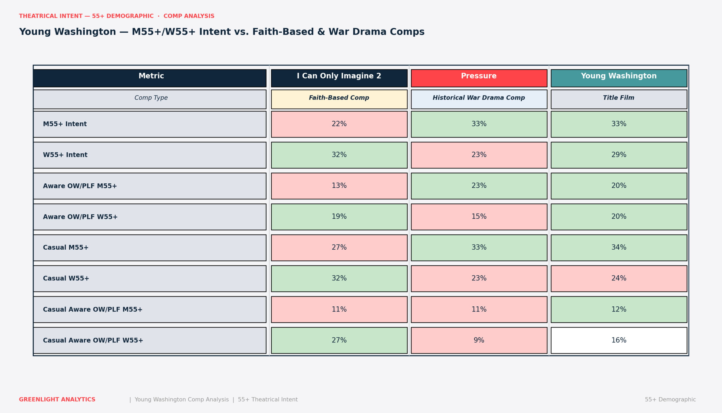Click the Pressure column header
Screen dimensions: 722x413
[x=479, y=78]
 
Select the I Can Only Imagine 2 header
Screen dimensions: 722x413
[x=339, y=78]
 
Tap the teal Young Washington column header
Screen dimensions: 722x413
[x=619, y=78]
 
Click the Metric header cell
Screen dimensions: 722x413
[x=150, y=78]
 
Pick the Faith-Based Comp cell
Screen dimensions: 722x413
[x=339, y=99]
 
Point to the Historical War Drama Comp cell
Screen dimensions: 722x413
[x=479, y=99]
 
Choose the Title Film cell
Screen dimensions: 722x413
[x=619, y=99]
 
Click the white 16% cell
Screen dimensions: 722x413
[x=619, y=340]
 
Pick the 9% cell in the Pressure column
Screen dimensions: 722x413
[x=479, y=340]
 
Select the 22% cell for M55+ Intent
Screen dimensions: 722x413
[x=339, y=124]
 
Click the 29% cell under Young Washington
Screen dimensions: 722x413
[x=619, y=155]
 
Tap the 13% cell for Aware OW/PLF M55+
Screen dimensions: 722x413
[x=339, y=186]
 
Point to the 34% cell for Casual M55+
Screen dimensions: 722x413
[x=619, y=248]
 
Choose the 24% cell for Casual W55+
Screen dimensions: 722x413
[x=619, y=278]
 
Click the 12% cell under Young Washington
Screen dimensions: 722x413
[x=619, y=309]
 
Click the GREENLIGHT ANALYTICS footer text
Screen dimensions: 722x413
[x=57, y=400]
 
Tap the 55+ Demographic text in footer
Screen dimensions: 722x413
[x=670, y=400]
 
